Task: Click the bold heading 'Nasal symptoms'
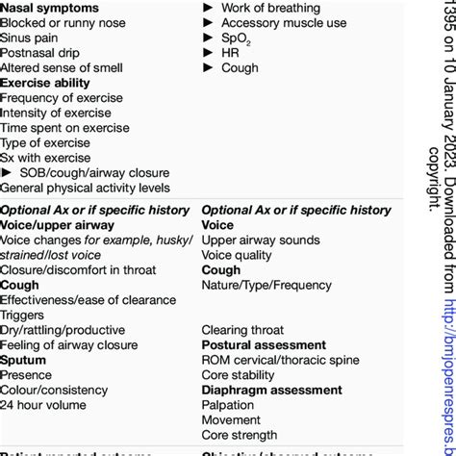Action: coord(49,8)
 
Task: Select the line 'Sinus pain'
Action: coord(29,38)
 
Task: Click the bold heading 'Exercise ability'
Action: coord(45,83)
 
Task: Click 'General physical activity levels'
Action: coord(85,188)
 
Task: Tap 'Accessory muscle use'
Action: coord(282,22)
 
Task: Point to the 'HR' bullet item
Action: coord(230,53)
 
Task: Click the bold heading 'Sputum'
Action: coord(23,360)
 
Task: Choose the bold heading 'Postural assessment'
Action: coord(264,344)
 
